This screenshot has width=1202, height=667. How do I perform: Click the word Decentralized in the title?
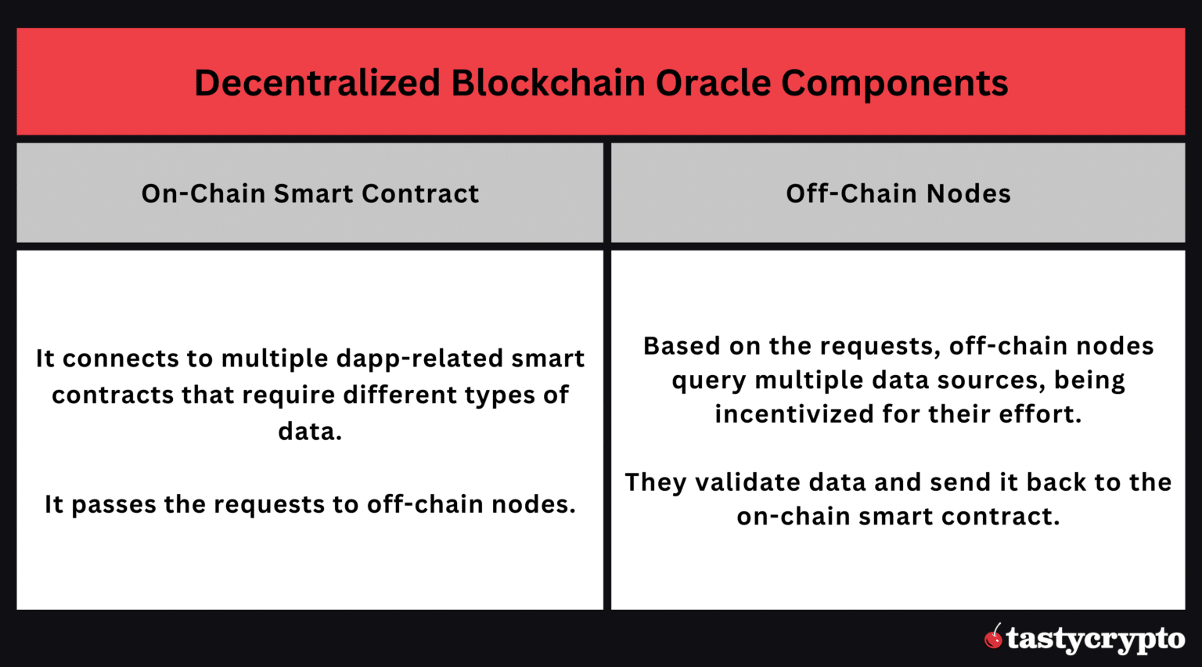(x=317, y=83)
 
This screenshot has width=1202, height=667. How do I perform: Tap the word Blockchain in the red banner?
(x=548, y=83)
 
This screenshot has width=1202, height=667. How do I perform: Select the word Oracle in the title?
(x=712, y=83)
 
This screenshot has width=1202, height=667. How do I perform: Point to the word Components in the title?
(x=894, y=83)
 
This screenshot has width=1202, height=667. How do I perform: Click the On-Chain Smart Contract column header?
(x=310, y=193)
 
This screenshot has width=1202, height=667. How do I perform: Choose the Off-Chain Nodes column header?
(x=898, y=193)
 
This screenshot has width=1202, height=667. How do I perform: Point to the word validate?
(x=747, y=482)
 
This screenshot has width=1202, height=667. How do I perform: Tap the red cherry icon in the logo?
(x=994, y=638)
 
